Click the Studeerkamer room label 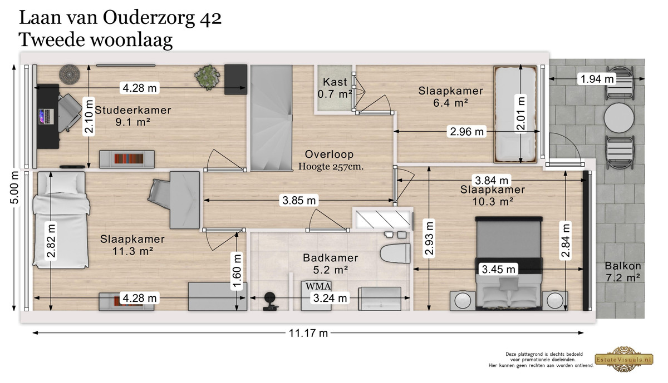point(132,116)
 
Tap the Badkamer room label point(331,264)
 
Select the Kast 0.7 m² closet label point(335,88)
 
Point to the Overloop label point(329,155)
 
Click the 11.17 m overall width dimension point(308,333)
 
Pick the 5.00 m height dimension point(14,187)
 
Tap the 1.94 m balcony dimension point(597,79)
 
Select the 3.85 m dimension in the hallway point(299,200)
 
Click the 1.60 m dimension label point(237,271)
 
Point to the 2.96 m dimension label point(466,131)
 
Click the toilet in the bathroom point(395,253)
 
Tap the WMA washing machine point(316,296)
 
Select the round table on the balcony point(619,118)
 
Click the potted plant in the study point(207,77)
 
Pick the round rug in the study point(70,74)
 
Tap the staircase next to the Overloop point(271,118)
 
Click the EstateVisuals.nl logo point(624,359)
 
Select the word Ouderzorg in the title point(149,18)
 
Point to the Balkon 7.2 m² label point(623,272)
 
